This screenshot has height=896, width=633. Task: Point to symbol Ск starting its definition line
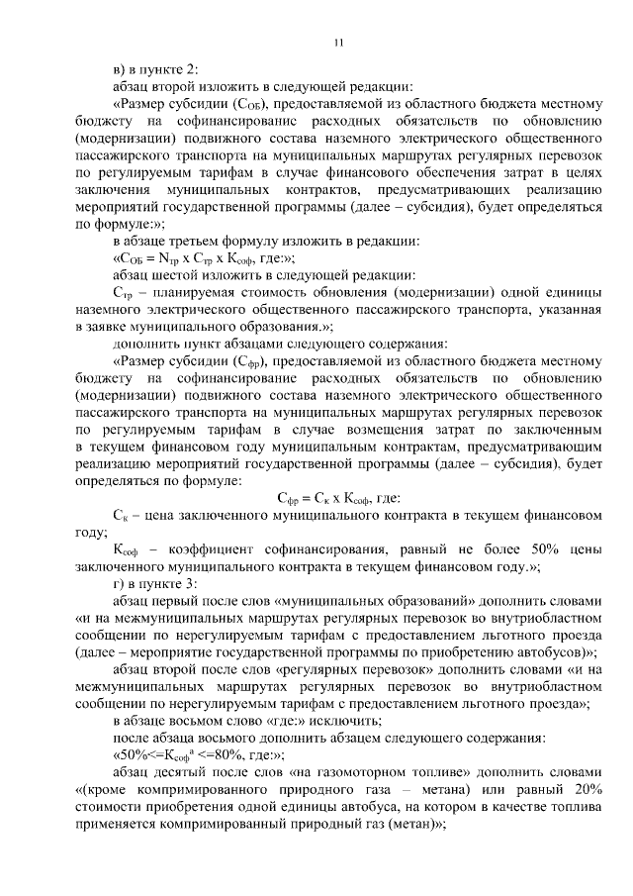122,515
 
